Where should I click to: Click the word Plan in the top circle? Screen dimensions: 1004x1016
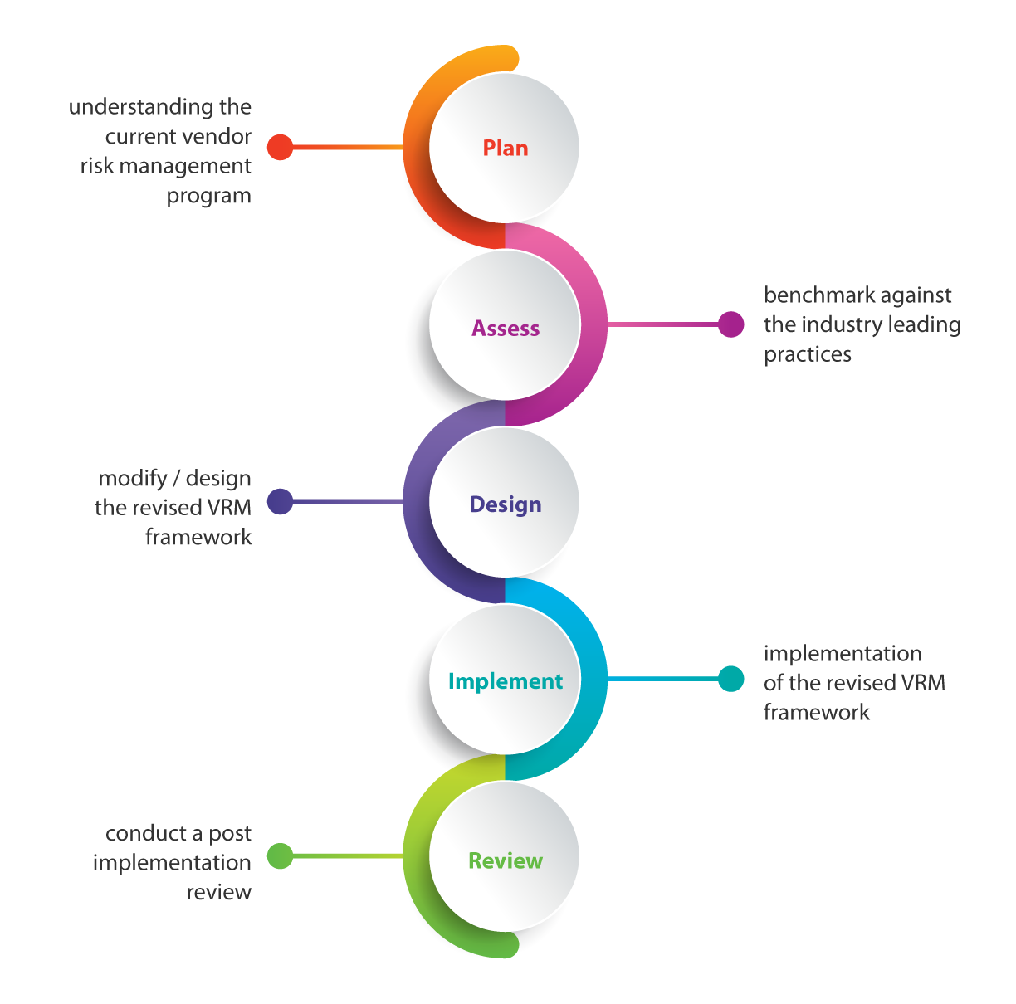(x=505, y=149)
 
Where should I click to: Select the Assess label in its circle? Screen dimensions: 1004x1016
(x=506, y=329)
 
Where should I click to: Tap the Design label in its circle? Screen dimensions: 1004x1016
(x=505, y=504)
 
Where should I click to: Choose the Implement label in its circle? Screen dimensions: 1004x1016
(x=505, y=681)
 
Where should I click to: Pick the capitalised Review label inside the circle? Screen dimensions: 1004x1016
(x=505, y=861)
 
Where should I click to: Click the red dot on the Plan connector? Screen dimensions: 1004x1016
(x=280, y=148)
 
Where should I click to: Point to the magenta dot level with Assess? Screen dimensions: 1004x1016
(x=730, y=324)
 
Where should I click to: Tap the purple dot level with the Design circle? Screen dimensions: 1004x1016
(x=280, y=502)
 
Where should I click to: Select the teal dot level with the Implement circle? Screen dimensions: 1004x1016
(x=730, y=679)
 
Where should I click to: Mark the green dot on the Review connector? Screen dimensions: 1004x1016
(x=280, y=855)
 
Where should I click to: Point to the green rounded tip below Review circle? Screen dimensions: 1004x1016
(x=506, y=944)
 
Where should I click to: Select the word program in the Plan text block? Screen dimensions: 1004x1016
(x=208, y=197)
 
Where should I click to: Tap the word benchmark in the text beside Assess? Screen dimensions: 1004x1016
(x=813, y=295)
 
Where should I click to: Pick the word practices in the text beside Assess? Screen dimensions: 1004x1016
(x=807, y=355)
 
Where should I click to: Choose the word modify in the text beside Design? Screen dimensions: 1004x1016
(x=133, y=479)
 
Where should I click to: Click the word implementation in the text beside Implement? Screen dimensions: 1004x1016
(x=842, y=654)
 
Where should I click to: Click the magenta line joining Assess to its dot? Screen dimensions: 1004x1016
(x=664, y=324)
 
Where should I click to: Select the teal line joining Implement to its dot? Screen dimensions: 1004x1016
(x=664, y=679)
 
